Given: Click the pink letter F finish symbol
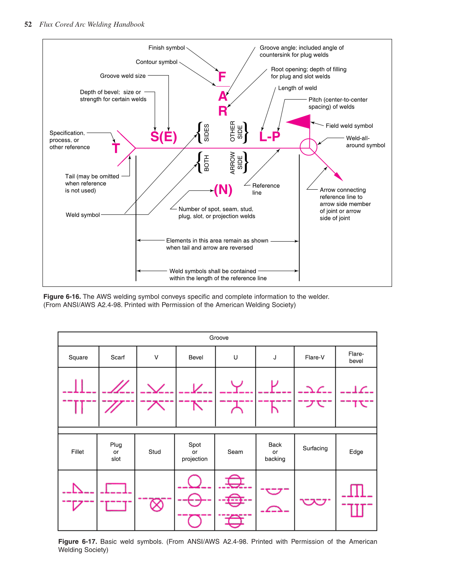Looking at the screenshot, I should pos(222,76).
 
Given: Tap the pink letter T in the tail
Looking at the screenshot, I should pos(116,149).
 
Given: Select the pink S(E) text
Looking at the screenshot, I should pos(163,137).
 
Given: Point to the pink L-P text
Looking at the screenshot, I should pos(270,137).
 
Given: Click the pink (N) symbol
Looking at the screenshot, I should pos(223,190).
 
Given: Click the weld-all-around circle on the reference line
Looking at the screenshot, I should pos(309,147).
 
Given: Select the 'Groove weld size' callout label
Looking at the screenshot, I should pos(123,76).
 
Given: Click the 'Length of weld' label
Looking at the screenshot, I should pos(297,88).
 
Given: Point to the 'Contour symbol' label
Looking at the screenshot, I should pos(157,62).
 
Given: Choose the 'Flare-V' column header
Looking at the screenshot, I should pos(314,357).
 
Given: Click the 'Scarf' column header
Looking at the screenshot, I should pos(117,357).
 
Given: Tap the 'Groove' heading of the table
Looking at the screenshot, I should pos(219,338).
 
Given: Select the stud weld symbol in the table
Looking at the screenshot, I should pos(157,504).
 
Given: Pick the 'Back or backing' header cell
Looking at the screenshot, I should pos(275,452).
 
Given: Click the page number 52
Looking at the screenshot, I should pos(28,24).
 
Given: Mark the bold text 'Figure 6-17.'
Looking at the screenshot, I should pos(78,541).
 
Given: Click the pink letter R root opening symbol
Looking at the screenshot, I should pos(223,111).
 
